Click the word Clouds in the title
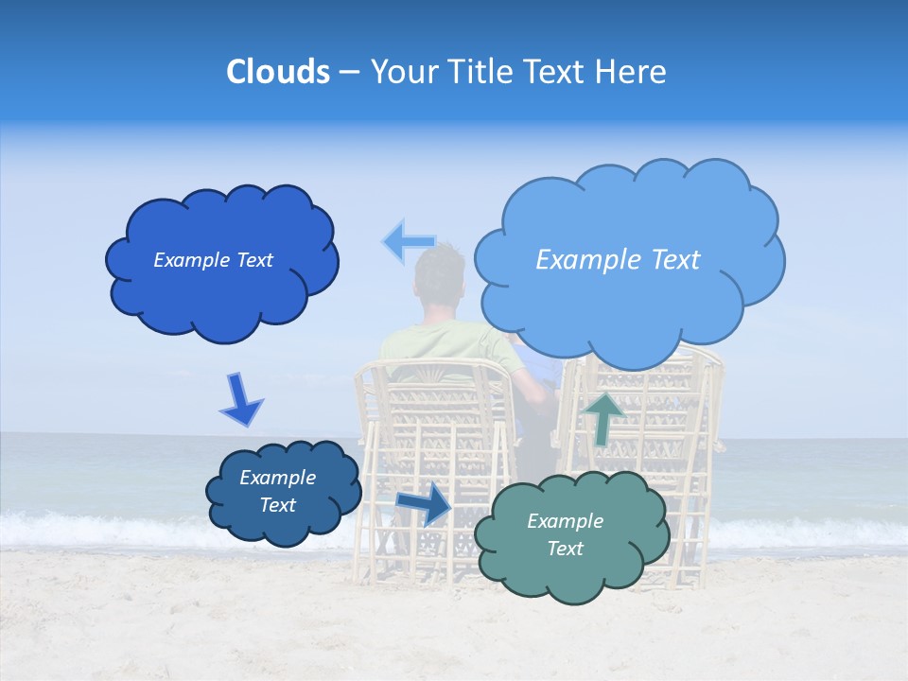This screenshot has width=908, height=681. [x=277, y=72]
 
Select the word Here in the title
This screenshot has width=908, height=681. [x=631, y=72]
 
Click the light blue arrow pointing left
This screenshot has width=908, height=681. [x=409, y=242]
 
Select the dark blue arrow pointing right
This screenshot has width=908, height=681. [x=425, y=503]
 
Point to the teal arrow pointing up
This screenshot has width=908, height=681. [x=603, y=417]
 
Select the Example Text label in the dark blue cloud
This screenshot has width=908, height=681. [x=213, y=260]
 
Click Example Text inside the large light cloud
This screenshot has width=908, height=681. [x=618, y=260]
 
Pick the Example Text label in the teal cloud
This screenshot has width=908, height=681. [x=565, y=534]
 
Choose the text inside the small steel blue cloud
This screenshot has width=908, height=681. [x=277, y=491]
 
